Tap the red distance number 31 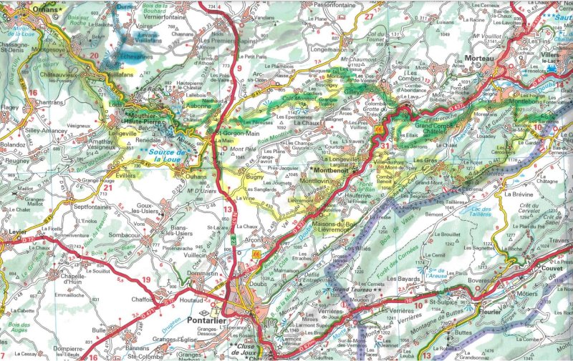click(385, 146)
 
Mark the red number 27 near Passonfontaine click(368, 16)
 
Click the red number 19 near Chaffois click(146, 280)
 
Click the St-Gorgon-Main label click(237, 132)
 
